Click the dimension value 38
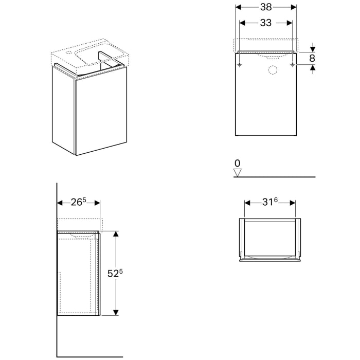pyautogui.click(x=266, y=7)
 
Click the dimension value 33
pyautogui.click(x=266, y=23)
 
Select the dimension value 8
pyautogui.click(x=312, y=58)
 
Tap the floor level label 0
pyautogui.click(x=237, y=163)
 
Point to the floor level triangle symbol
pyautogui.click(x=237, y=172)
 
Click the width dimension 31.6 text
pyautogui.click(x=270, y=202)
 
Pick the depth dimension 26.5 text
pyautogui.click(x=78, y=202)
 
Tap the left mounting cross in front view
pyautogui.click(x=240, y=65)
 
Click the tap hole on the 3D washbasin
pyautogui.click(x=69, y=52)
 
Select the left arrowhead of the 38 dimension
pyautogui.click(x=238, y=7)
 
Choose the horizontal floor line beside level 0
pyautogui.click(x=278, y=177)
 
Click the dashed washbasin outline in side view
pyautogui.click(x=80, y=224)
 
